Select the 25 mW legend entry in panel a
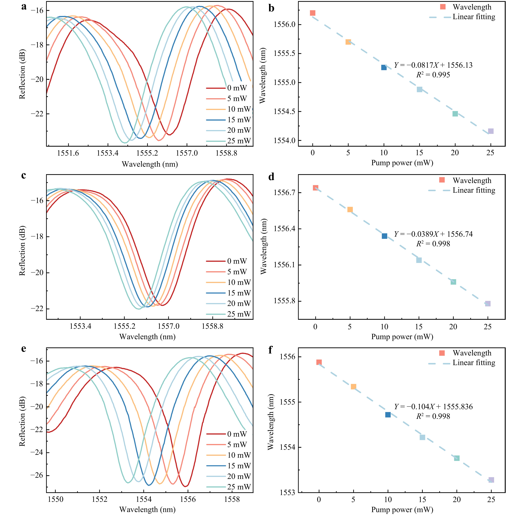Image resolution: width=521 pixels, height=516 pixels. [229, 141]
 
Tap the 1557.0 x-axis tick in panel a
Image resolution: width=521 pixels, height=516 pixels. [187, 153]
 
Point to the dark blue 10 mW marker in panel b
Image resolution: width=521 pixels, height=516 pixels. [384, 67]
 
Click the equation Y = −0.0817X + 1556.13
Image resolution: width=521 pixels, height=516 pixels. [433, 65]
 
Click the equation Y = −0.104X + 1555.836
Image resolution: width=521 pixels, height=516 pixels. [433, 407]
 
